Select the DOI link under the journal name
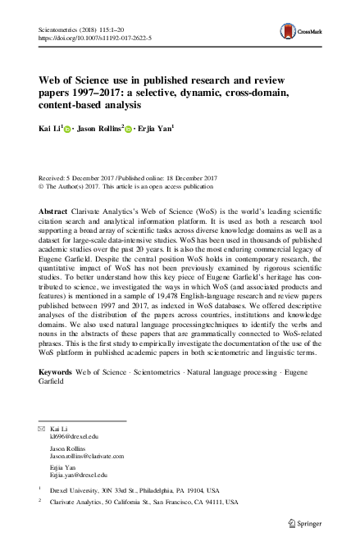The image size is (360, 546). (x=89, y=37)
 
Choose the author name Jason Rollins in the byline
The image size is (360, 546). (x=99, y=129)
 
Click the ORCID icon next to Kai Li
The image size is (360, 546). (x=66, y=130)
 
